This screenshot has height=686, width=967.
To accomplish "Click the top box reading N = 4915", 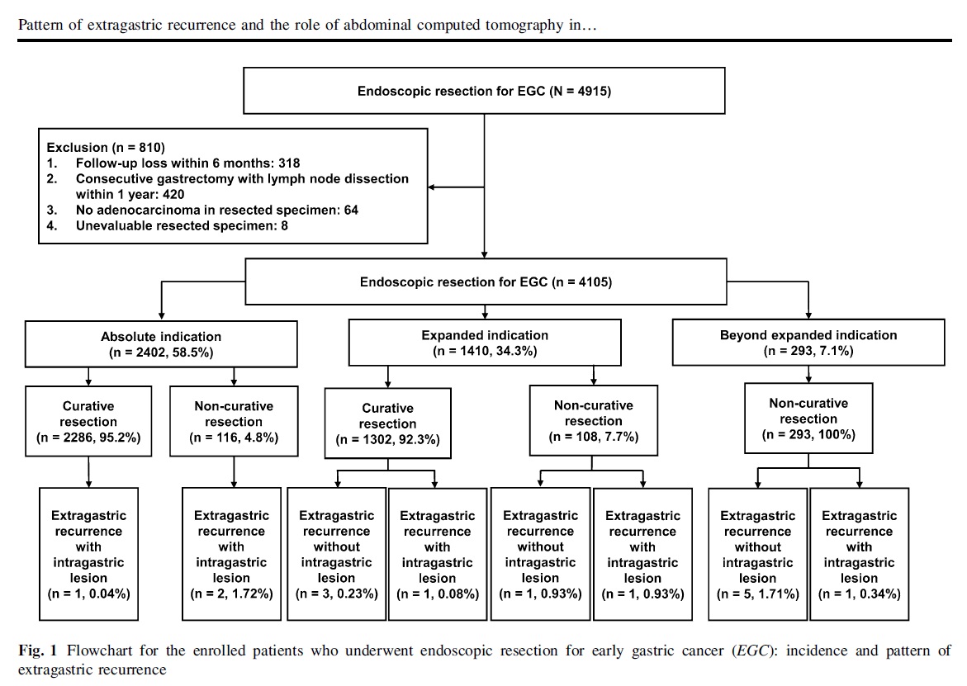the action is pyautogui.click(x=484, y=91).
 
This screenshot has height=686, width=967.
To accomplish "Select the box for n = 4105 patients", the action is pyautogui.click(x=486, y=281).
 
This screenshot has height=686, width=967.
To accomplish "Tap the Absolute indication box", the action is pyautogui.click(x=161, y=344).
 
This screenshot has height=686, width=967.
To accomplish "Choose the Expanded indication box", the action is pyautogui.click(x=485, y=343).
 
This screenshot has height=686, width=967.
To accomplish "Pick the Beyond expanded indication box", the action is pyautogui.click(x=808, y=343).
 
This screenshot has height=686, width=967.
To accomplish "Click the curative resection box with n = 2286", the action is pyautogui.click(x=89, y=422).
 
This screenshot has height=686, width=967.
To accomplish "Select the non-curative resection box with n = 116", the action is pyautogui.click(x=234, y=422).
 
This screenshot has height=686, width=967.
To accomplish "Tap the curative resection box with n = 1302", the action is pyautogui.click(x=388, y=423).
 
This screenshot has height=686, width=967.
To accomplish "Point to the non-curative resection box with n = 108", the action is pyautogui.click(x=593, y=421).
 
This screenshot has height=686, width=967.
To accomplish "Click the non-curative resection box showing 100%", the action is pyautogui.click(x=808, y=419).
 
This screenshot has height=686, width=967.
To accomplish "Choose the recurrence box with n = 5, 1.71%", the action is pyautogui.click(x=758, y=554).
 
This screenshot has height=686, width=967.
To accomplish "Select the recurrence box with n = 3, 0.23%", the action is pyautogui.click(x=337, y=554).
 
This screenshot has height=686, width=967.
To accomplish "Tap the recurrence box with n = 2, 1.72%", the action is pyautogui.click(x=231, y=554).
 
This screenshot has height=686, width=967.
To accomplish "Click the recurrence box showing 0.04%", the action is pyautogui.click(x=89, y=554).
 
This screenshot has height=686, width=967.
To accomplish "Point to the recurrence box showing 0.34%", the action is pyautogui.click(x=859, y=554).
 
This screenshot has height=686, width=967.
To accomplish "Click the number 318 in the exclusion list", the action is pyautogui.click(x=289, y=163).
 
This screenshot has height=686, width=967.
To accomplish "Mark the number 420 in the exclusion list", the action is pyautogui.click(x=173, y=195).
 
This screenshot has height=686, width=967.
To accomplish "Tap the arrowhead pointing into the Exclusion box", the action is pyautogui.click(x=431, y=187).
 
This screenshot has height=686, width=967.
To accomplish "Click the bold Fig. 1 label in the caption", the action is pyautogui.click(x=38, y=651).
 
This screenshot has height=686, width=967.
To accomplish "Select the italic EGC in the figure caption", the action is pyautogui.click(x=752, y=651).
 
